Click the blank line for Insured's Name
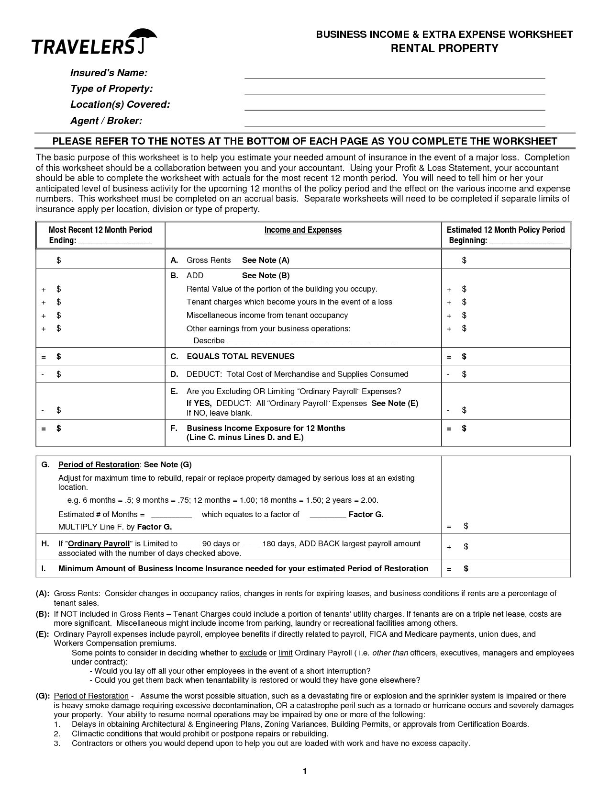(395, 77)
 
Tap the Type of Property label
(111, 89)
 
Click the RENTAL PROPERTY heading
(444, 48)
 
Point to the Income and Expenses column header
(303, 230)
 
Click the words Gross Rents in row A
(209, 260)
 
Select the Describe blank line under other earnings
(311, 343)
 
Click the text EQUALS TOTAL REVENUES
(240, 356)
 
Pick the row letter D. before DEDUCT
(175, 374)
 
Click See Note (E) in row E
(395, 403)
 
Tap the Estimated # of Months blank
(171, 517)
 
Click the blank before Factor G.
(328, 517)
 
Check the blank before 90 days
(190, 546)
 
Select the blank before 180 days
(252, 546)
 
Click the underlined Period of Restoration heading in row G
(99, 465)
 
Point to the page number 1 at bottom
(304, 771)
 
